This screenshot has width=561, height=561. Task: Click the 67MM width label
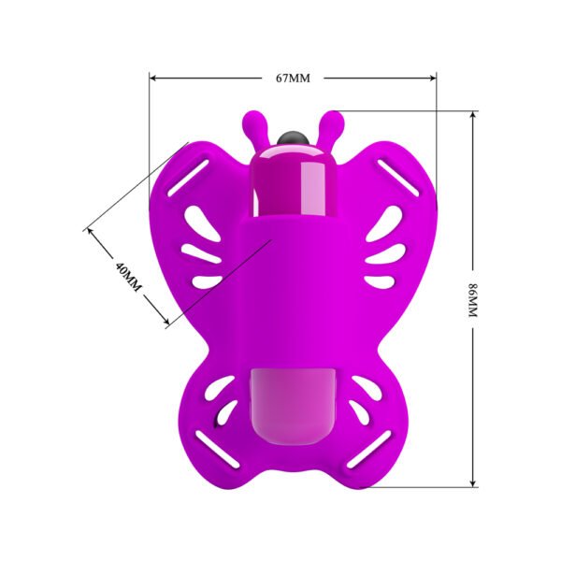[x=292, y=78]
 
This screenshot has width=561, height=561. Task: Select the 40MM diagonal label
[x=126, y=277]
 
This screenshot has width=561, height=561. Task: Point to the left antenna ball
[x=252, y=120]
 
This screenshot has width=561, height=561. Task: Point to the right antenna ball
[x=333, y=120]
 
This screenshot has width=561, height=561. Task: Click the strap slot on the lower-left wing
[x=208, y=451]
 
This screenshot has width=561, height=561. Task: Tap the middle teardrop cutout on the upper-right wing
[x=384, y=252]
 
